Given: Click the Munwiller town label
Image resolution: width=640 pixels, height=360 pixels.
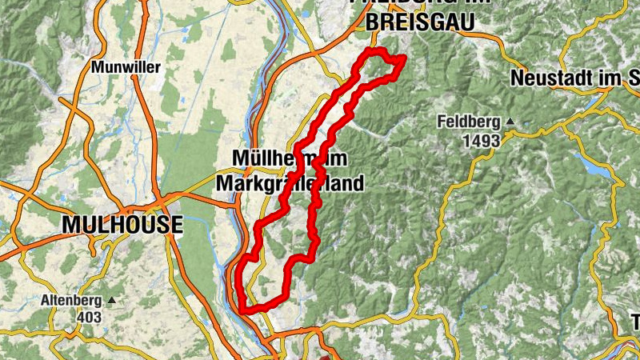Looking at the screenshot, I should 126,67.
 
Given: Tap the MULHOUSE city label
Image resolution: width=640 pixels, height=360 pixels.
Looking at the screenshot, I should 122,225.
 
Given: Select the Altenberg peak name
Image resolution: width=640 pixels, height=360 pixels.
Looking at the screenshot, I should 72,302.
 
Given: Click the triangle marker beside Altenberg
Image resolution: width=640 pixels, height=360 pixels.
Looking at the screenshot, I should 110,301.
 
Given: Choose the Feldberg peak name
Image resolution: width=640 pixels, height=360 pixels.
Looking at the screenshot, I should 467,122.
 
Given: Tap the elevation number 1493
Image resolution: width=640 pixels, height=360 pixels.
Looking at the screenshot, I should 480,140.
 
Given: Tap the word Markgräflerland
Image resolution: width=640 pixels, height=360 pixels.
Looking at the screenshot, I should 290,183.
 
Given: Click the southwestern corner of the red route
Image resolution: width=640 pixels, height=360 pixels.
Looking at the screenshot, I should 242,308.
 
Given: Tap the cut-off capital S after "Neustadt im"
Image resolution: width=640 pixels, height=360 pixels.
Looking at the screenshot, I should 634,79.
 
